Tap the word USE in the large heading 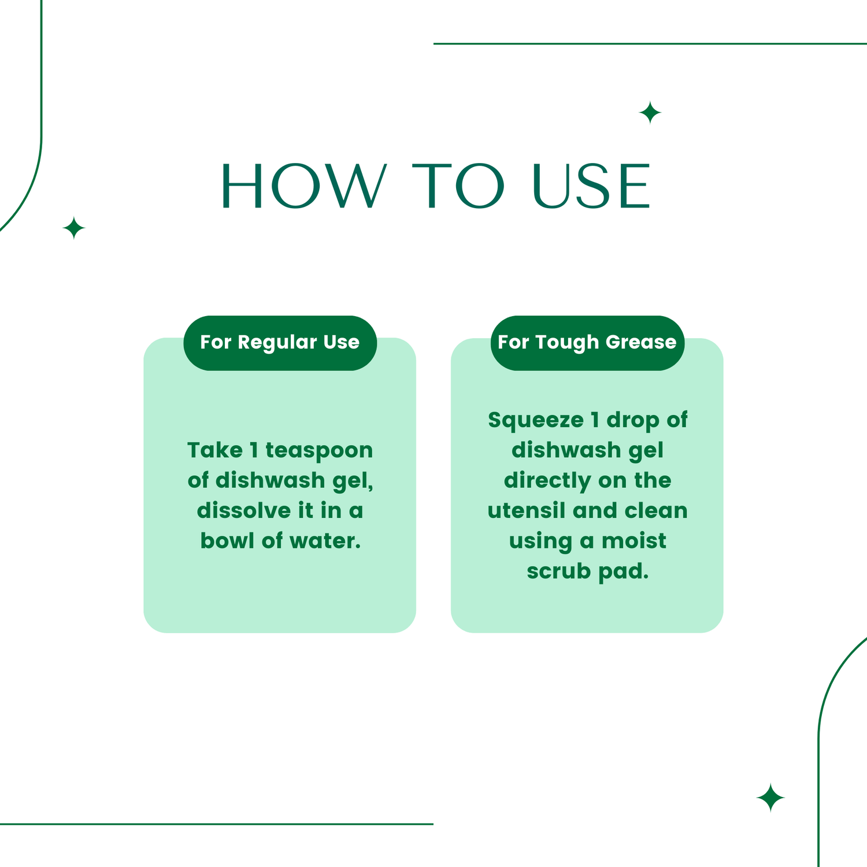[x=591, y=186]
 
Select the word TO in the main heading [x=458, y=186]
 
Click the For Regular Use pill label [x=280, y=343]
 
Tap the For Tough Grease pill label [x=587, y=343]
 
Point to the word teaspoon [x=319, y=450]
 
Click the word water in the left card [x=325, y=541]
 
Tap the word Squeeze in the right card [x=535, y=420]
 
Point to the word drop [x=632, y=420]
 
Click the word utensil [x=525, y=511]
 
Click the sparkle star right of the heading [x=650, y=112]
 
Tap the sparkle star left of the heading [x=74, y=228]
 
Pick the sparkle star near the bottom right [x=770, y=798]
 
